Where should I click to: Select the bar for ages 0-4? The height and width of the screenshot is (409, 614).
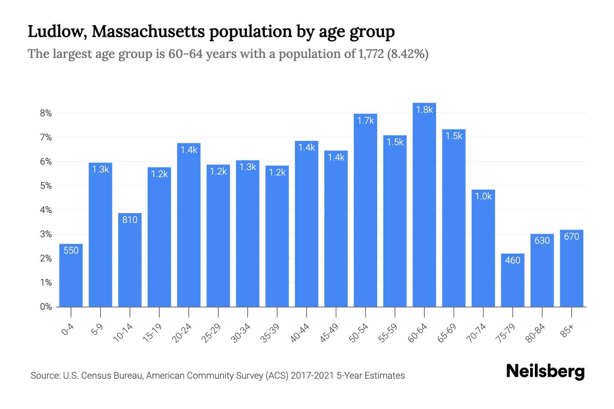tap(71, 276)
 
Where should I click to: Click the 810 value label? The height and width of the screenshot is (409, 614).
tap(130, 220)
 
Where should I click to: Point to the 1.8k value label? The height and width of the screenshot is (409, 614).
tap(424, 110)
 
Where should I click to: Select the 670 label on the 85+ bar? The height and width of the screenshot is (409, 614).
tap(571, 237)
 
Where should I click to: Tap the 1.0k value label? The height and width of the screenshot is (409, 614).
tap(483, 196)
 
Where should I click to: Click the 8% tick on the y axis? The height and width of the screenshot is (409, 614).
tap(46, 113)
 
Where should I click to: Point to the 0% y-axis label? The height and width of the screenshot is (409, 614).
tap(46, 307)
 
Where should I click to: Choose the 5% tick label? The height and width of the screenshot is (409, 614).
tap(46, 186)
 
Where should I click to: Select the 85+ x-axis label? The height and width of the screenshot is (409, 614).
tap(567, 331)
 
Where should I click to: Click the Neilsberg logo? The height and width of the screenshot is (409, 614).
tap(545, 372)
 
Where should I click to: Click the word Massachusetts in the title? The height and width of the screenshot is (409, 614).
tap(148, 32)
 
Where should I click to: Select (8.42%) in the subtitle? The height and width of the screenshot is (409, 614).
tap(408, 54)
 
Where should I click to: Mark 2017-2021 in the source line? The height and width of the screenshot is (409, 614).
tap(312, 376)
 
